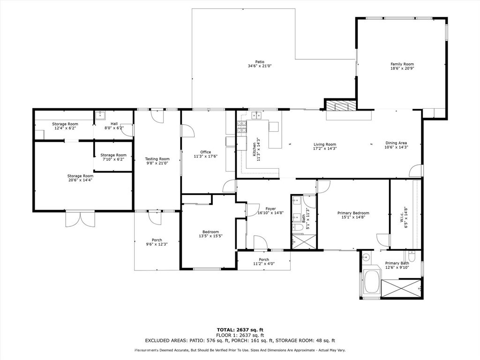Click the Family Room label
coord(402,64)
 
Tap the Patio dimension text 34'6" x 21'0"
coord(260,66)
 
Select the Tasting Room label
coord(157,159)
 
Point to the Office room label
coord(205,152)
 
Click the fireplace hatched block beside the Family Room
coord(341,106)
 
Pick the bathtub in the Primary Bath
coord(372,283)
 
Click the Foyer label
coord(270,209)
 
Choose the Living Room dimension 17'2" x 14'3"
coord(325,149)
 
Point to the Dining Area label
coord(396,143)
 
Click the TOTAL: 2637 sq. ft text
coord(240,330)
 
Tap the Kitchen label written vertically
coord(255,152)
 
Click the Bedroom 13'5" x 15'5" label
coord(210,232)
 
